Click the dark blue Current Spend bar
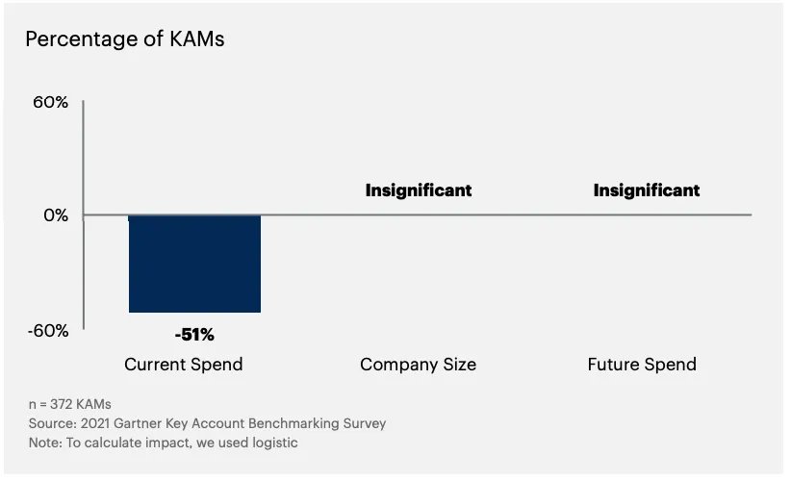[x=194, y=264]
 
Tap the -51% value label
[x=194, y=335]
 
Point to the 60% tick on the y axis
[x=50, y=101]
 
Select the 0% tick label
[x=55, y=215]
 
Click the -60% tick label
[x=47, y=330]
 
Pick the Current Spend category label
[x=184, y=365]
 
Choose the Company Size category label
[x=418, y=365]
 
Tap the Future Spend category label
[x=642, y=365]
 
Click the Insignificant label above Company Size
[x=419, y=190]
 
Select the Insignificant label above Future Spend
[x=647, y=190]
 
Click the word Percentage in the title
[x=81, y=39]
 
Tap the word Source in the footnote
[x=49, y=423]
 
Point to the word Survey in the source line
[x=365, y=423]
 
